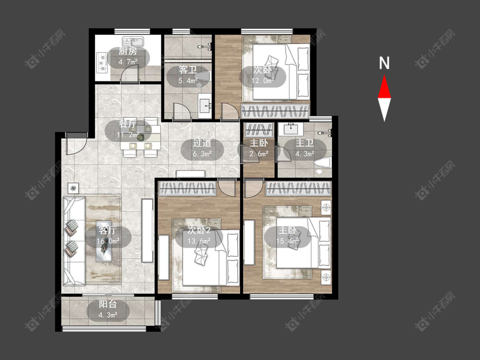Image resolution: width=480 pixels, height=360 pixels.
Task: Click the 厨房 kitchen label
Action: point(128,52)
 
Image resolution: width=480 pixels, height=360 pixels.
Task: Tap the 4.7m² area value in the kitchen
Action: point(128,62)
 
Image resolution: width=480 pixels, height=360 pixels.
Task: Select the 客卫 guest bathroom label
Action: point(188,70)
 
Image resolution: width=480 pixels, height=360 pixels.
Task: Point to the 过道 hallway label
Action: point(202,143)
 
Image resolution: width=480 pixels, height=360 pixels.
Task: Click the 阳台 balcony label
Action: point(108,304)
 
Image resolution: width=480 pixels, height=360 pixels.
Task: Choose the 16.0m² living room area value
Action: point(108,241)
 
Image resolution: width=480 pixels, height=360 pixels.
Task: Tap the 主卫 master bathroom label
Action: point(305,143)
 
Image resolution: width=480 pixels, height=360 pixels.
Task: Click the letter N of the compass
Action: point(384,63)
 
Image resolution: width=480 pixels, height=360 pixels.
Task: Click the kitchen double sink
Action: point(133,41)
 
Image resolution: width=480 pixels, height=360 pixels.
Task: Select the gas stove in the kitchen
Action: point(102,62)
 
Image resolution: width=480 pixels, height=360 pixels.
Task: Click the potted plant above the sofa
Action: point(73,188)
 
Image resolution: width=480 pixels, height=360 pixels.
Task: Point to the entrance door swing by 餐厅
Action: point(76,146)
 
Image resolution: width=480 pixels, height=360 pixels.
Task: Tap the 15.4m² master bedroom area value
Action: point(288,241)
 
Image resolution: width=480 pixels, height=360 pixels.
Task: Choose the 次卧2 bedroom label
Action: point(199,230)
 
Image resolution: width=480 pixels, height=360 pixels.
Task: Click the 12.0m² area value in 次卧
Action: point(263,81)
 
